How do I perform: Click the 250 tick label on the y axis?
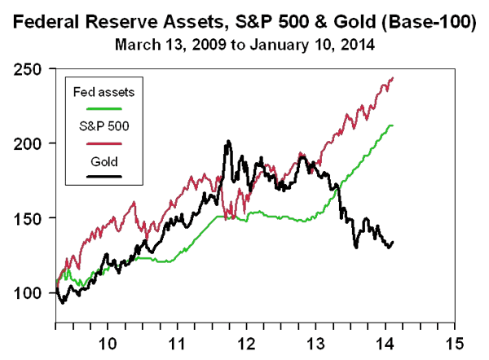[x=31, y=69]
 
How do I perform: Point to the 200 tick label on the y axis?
[x=31, y=143]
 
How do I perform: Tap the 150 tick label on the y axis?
[x=31, y=218]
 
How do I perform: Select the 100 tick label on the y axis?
[x=31, y=292]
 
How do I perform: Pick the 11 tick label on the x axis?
[x=178, y=343]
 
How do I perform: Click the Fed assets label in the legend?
[x=98, y=92]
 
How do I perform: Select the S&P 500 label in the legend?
[x=98, y=126]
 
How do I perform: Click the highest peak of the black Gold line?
[x=228, y=142]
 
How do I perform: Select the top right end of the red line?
[x=393, y=78]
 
